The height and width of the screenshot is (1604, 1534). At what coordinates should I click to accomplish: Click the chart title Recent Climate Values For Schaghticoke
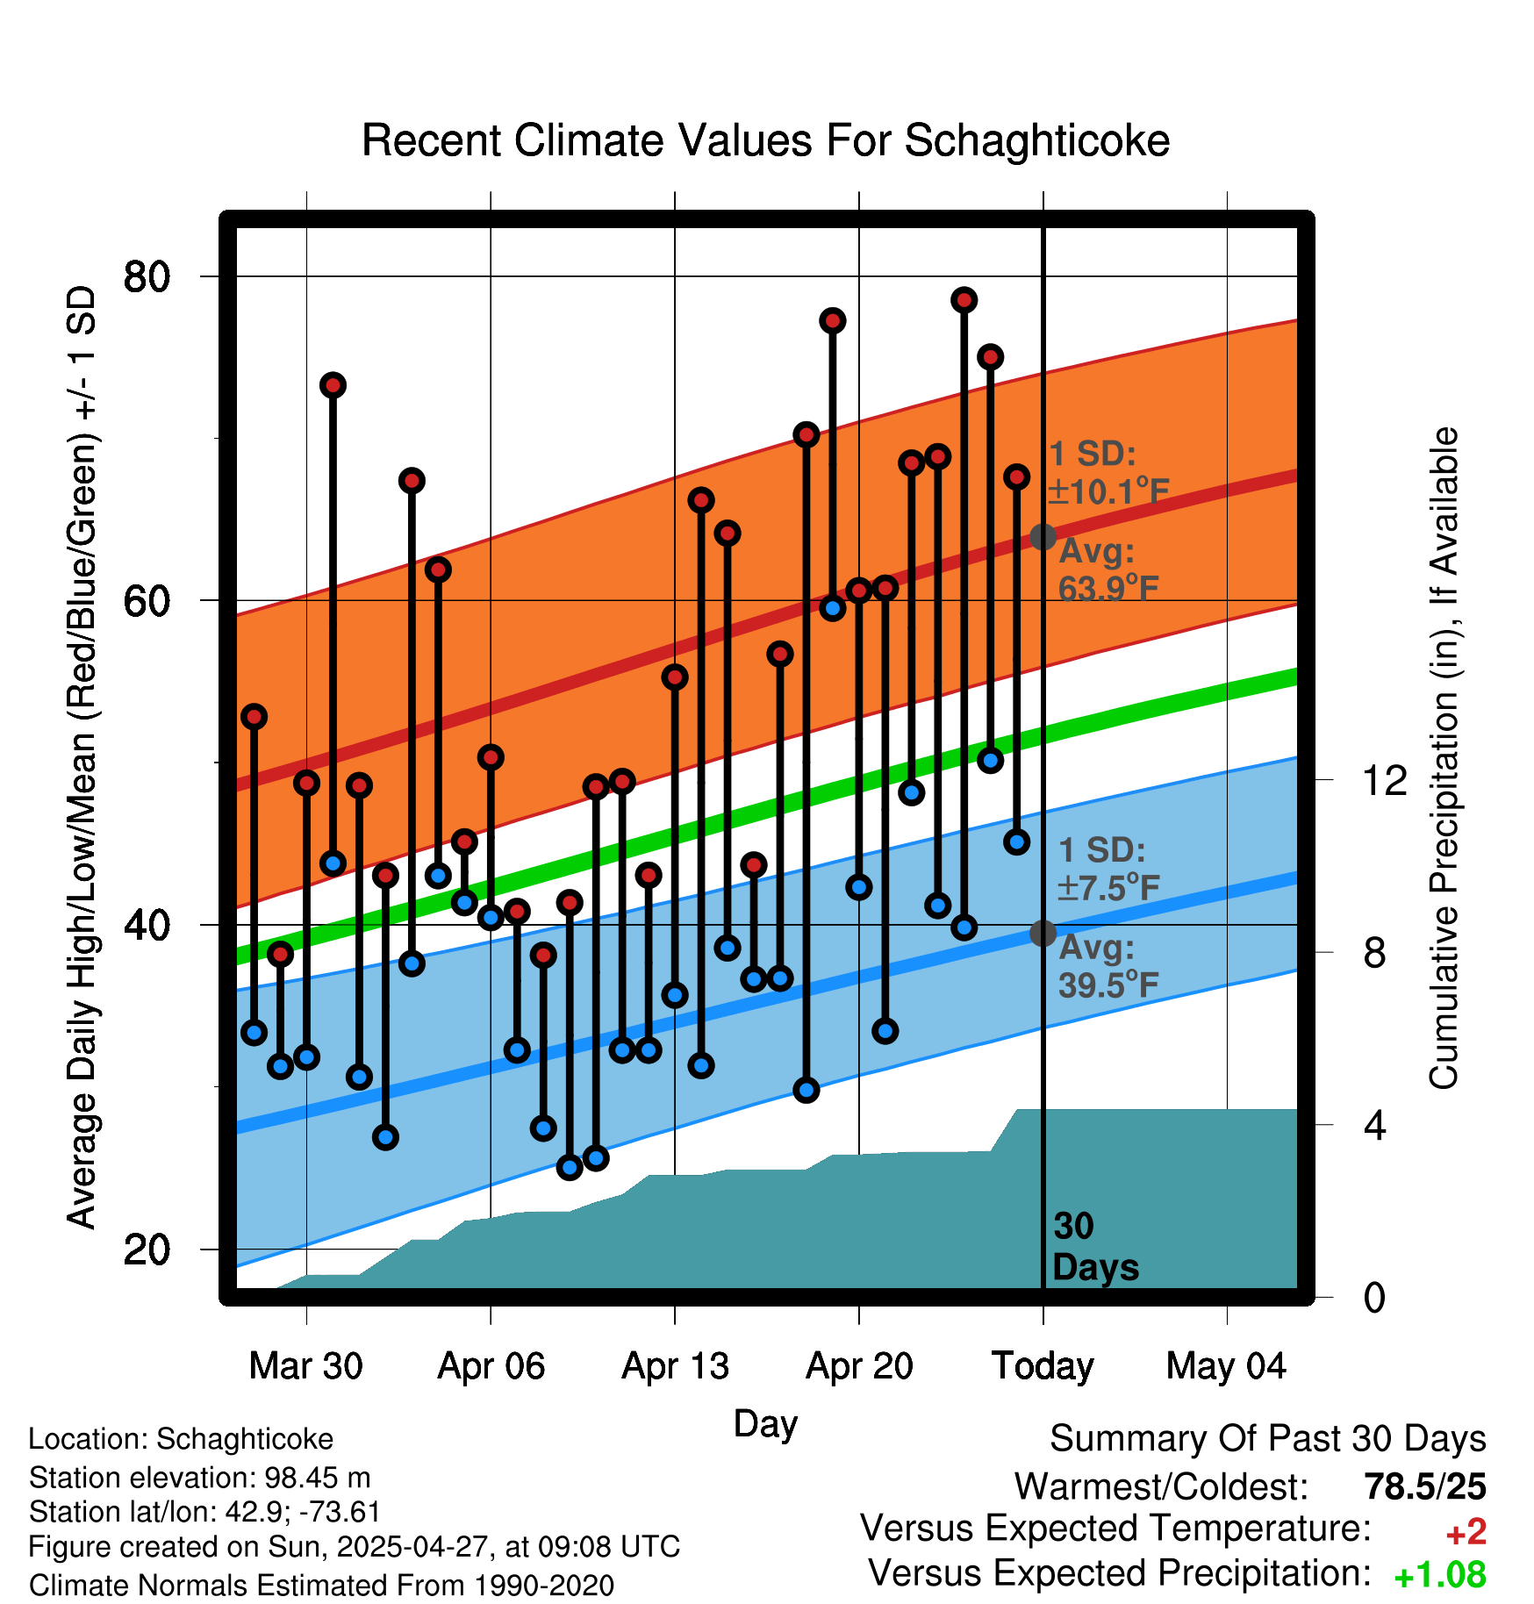(x=765, y=140)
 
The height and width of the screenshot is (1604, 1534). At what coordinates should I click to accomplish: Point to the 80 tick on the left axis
(x=147, y=277)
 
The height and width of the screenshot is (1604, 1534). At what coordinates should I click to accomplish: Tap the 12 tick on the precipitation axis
(x=1385, y=780)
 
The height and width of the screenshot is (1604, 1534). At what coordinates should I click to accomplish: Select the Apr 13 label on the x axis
(x=675, y=1366)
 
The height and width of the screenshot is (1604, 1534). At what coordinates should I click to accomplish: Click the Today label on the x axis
(x=1043, y=1366)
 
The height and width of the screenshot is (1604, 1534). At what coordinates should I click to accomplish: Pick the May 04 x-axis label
(x=1226, y=1366)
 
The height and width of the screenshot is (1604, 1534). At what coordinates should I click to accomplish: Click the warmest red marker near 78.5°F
(x=964, y=300)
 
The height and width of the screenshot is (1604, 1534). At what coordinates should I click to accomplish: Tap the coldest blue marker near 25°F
(x=570, y=1167)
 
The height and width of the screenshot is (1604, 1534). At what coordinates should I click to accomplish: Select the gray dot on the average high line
(x=1043, y=536)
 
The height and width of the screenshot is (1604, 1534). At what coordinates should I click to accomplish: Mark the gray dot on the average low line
(x=1043, y=933)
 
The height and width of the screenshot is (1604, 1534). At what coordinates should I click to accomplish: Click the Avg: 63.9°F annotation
(x=1107, y=569)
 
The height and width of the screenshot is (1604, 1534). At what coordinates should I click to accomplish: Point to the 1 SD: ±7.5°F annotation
(x=1107, y=870)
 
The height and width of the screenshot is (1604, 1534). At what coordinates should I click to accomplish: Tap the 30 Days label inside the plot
(x=1094, y=1247)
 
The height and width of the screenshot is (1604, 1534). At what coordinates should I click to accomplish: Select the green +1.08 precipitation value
(x=1440, y=1576)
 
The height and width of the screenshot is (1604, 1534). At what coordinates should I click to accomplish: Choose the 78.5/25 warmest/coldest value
(x=1425, y=1487)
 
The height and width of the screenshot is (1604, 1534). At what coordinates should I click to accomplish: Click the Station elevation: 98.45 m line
(x=199, y=1478)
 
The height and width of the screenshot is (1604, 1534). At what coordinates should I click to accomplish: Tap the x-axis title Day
(x=765, y=1423)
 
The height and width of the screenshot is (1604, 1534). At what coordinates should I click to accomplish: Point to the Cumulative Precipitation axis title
(x=1444, y=759)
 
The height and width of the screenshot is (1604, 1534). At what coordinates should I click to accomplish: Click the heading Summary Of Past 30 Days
(x=1267, y=1440)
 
